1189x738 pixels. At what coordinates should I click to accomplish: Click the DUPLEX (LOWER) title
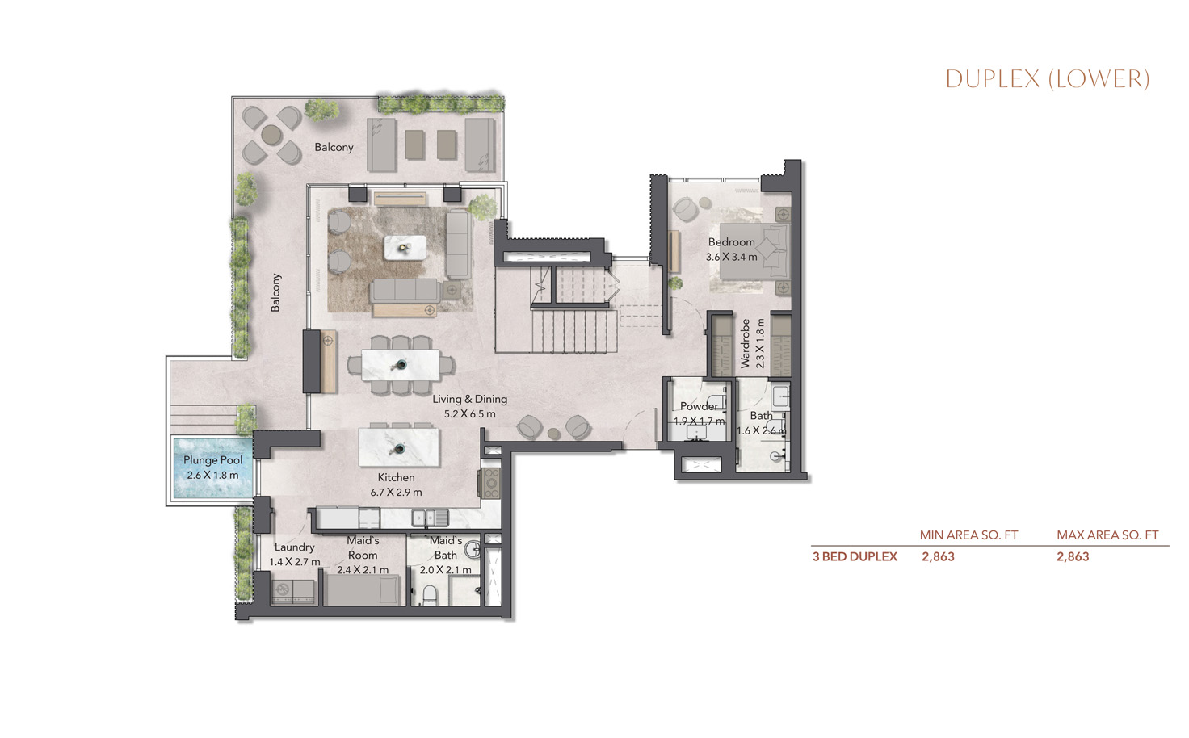1047,78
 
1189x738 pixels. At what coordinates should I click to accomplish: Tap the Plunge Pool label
212,460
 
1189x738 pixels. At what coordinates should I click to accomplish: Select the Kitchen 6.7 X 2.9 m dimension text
396,492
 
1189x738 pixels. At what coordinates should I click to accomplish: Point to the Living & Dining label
469,399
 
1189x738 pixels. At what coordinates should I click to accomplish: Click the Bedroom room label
731,241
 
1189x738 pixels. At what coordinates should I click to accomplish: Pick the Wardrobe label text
746,343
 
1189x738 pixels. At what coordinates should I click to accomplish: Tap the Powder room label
699,406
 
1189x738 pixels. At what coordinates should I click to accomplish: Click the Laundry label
294,547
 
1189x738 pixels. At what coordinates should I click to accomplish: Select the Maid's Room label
363,547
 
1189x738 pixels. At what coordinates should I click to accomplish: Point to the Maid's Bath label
445,547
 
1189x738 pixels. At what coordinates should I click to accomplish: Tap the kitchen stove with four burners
490,483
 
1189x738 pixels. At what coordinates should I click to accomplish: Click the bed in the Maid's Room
363,592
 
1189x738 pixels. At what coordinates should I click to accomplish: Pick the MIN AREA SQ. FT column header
968,535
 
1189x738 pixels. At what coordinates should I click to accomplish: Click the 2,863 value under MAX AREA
1073,556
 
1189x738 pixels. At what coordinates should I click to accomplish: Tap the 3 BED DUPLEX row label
855,556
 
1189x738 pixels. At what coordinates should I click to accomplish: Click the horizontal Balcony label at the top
334,147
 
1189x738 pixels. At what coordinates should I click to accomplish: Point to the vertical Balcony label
275,292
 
